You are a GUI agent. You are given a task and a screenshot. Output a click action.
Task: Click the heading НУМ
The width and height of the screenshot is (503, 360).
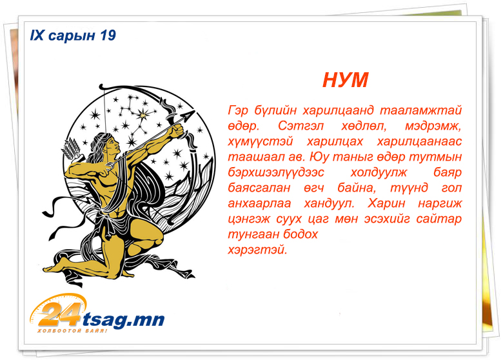coord(345,80)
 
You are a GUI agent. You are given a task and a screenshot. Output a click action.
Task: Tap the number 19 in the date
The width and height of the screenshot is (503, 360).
coord(108,35)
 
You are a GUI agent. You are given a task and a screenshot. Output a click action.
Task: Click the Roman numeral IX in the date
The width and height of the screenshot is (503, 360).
coord(37,35)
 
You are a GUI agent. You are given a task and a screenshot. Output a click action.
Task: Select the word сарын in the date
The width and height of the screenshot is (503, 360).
coord(72,36)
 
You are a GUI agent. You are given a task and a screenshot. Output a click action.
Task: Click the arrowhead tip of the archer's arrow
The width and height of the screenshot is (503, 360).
coord(194,111)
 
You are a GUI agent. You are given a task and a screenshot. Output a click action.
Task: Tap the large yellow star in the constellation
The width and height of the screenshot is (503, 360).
coord(143,114)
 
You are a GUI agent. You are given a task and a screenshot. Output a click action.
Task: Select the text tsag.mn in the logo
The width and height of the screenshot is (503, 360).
coord(124,319)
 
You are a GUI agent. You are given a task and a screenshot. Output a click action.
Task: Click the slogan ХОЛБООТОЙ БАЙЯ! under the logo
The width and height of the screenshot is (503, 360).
coord(72,330)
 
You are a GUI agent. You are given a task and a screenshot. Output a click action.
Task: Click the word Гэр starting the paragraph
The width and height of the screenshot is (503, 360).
coord(238,110)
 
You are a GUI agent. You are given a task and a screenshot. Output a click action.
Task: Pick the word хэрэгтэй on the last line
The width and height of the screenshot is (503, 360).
coord(257,250)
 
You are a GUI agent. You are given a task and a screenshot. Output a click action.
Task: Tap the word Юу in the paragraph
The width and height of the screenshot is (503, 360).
coord(320,157)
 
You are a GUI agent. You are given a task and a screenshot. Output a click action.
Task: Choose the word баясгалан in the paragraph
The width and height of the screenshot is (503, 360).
coord(259,188)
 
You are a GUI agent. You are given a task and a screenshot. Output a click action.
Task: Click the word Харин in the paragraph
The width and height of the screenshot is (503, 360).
coord(386,203)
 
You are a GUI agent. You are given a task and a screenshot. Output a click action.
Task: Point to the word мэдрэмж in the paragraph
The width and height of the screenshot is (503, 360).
coord(433,126)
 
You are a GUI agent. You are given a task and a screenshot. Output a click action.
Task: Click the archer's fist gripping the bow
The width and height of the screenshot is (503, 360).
coord(179,130)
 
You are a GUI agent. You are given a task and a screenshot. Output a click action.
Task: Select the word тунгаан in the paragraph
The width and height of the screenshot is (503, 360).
coord(249,235)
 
